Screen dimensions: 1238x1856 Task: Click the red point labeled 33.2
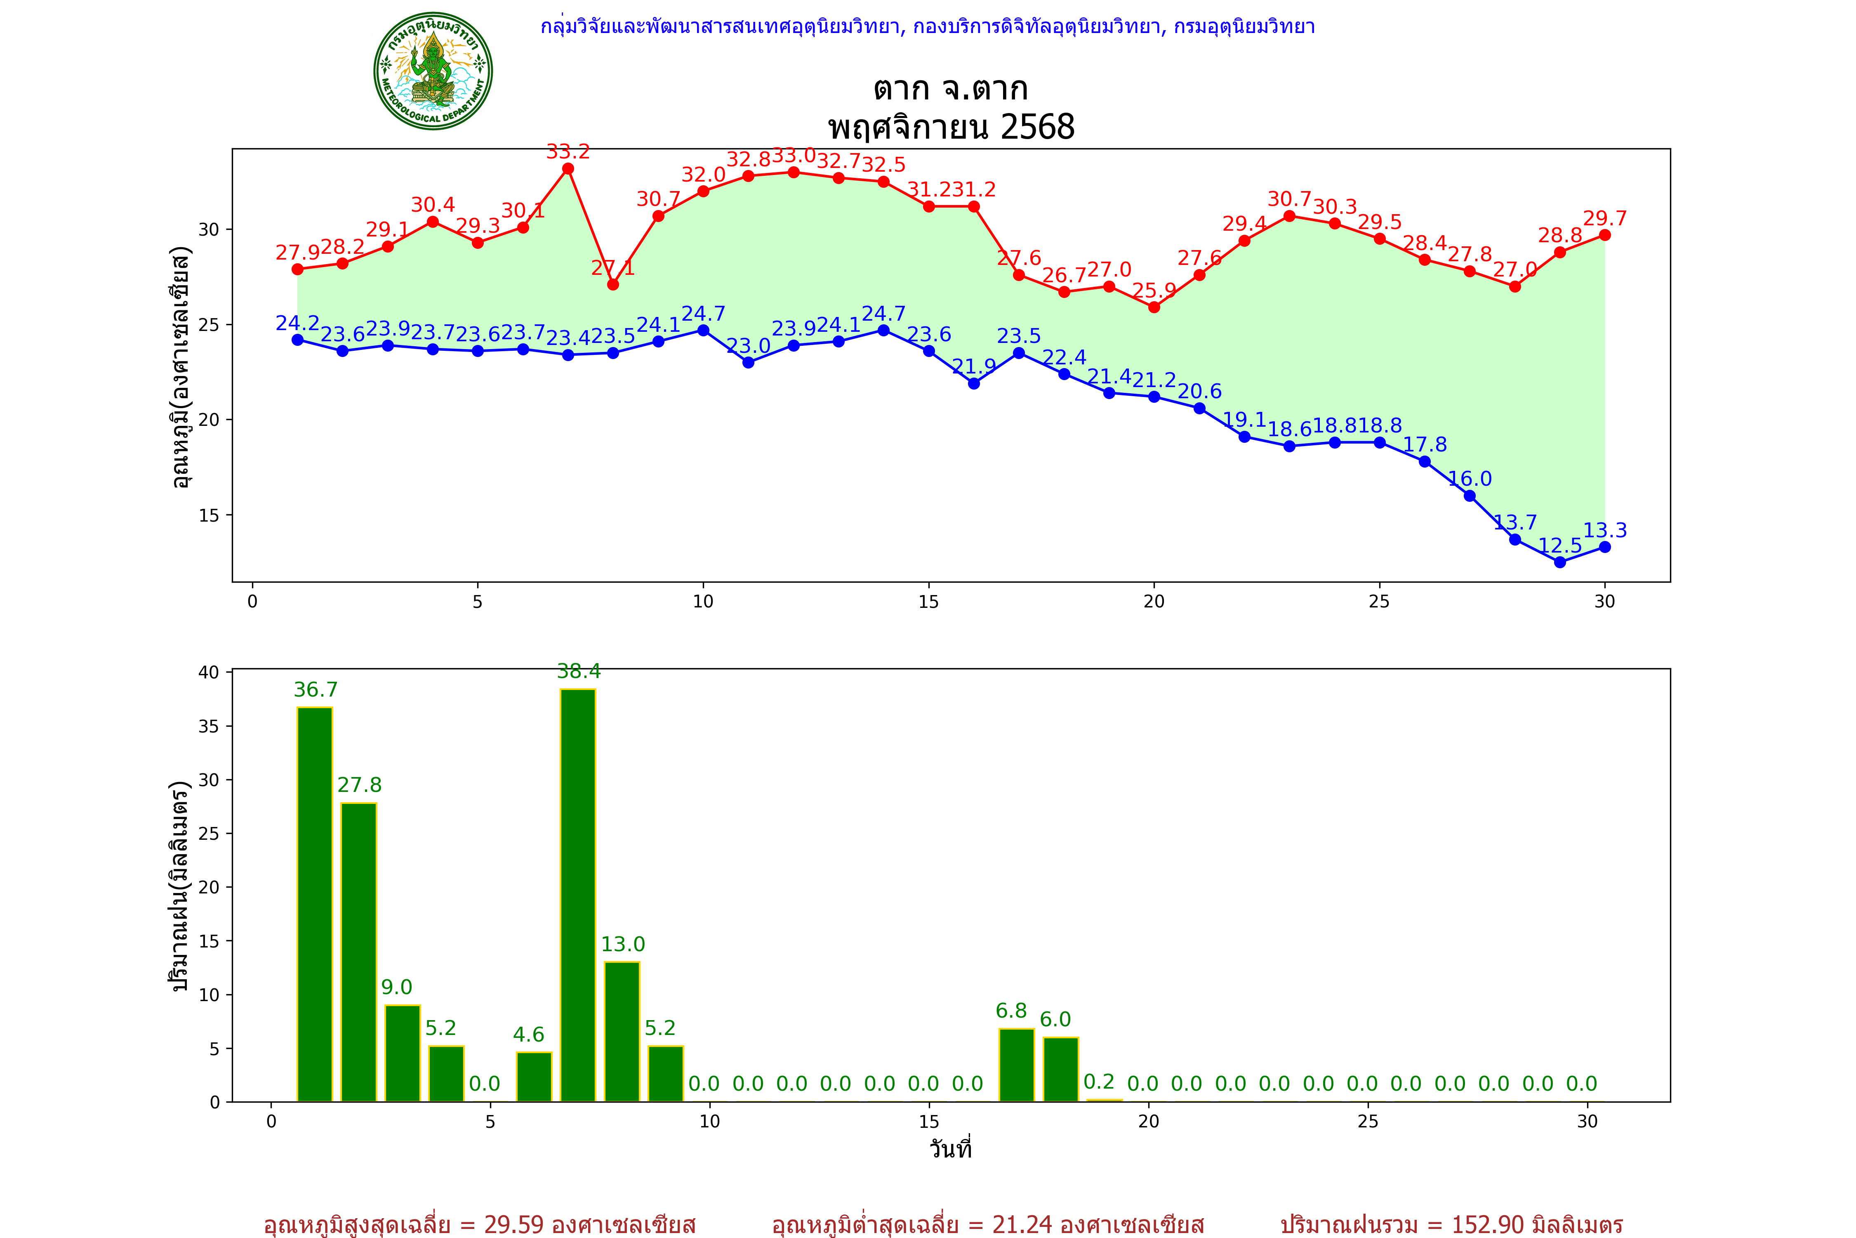point(568,169)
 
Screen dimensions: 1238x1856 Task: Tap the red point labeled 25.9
point(1154,307)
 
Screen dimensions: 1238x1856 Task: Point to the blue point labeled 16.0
point(1469,496)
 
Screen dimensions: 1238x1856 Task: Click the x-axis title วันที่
point(950,1149)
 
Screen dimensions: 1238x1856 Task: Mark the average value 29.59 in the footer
point(514,1224)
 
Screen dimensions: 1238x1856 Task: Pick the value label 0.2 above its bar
point(1099,1082)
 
